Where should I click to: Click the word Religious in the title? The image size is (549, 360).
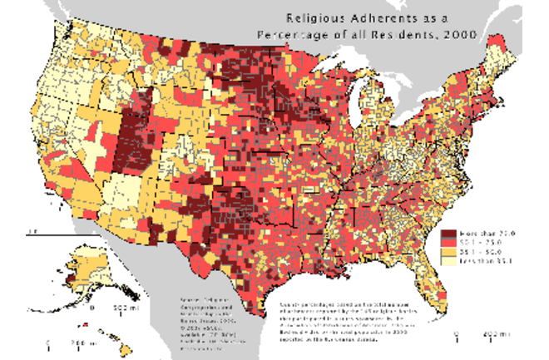315,17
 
